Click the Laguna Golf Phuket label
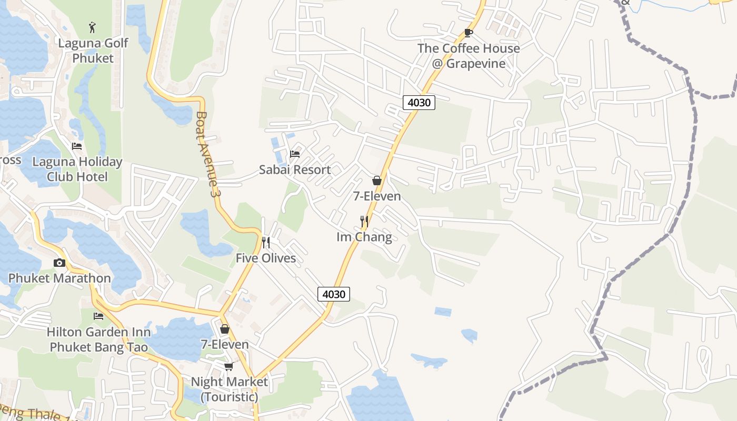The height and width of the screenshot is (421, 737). [x=93, y=51]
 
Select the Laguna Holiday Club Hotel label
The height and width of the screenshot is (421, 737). [x=77, y=169]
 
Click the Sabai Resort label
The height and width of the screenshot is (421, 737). [x=295, y=169]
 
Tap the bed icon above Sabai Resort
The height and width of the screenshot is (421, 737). [x=295, y=154]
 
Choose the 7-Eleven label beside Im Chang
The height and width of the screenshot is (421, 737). [x=377, y=196]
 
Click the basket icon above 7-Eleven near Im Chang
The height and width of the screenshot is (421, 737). [x=377, y=181]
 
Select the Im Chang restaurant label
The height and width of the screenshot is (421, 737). [x=364, y=237]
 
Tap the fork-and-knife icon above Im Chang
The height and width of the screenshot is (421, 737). [x=364, y=221]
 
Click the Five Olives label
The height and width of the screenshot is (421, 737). [x=266, y=258]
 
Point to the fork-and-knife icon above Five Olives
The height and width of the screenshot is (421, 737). [x=266, y=242]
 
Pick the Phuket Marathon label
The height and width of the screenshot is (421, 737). [x=59, y=278]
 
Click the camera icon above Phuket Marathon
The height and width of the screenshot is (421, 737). [x=59, y=263]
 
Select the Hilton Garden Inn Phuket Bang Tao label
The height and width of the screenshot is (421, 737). [x=98, y=339]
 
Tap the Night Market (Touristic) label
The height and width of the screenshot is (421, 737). [x=229, y=389]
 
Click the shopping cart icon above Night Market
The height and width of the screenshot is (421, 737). [x=228, y=366]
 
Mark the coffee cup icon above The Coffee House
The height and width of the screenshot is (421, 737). [x=468, y=33]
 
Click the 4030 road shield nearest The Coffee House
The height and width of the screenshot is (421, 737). [x=420, y=103]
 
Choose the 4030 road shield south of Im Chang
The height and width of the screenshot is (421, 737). [x=334, y=294]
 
